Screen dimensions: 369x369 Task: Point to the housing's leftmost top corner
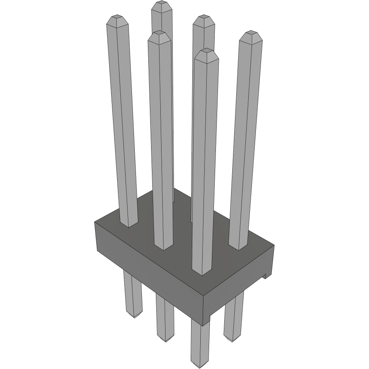tap(95, 222)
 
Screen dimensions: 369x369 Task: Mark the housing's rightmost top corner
tap(274, 245)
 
